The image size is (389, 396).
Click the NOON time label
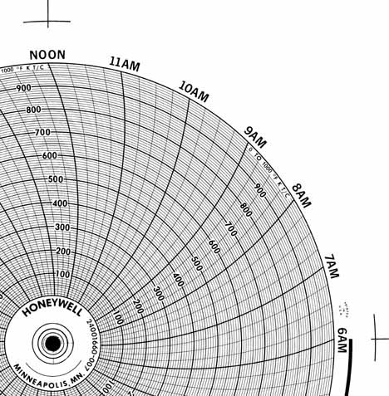click(x=47, y=55)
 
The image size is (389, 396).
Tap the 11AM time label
click(x=125, y=65)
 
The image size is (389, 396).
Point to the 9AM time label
click(x=255, y=136)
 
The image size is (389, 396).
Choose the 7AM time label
click(x=332, y=265)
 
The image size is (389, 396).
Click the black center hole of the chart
click(x=52, y=343)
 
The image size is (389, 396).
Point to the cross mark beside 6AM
click(x=377, y=339)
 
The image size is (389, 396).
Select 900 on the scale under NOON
click(x=23, y=87)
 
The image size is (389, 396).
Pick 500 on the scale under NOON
click(x=57, y=179)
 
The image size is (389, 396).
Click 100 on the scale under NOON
click(x=62, y=274)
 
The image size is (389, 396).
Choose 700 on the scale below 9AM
click(x=230, y=228)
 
